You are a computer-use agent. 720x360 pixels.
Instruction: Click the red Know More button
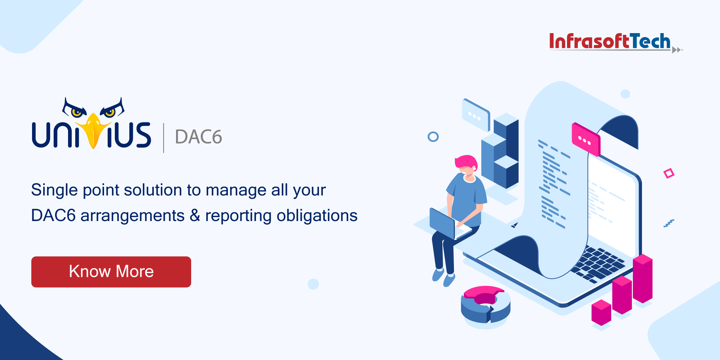[x=111, y=272]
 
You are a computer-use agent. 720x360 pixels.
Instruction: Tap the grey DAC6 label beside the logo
[x=198, y=137]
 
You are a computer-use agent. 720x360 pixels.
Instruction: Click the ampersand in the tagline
[x=195, y=215]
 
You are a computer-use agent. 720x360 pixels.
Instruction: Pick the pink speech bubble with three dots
[x=586, y=140]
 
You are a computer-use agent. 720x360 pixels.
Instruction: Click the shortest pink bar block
[x=601, y=312]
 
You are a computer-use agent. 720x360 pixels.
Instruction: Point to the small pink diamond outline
[x=669, y=174]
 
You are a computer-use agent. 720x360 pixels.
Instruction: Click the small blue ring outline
[x=433, y=137]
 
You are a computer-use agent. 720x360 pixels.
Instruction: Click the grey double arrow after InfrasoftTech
[x=677, y=50]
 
